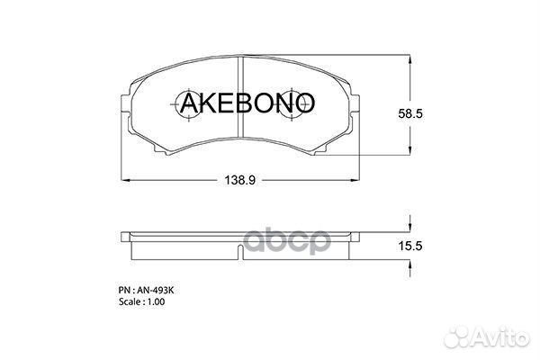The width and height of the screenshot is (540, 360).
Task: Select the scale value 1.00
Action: click(154, 302)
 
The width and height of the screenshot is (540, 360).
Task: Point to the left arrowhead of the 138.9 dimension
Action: click(125, 180)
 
